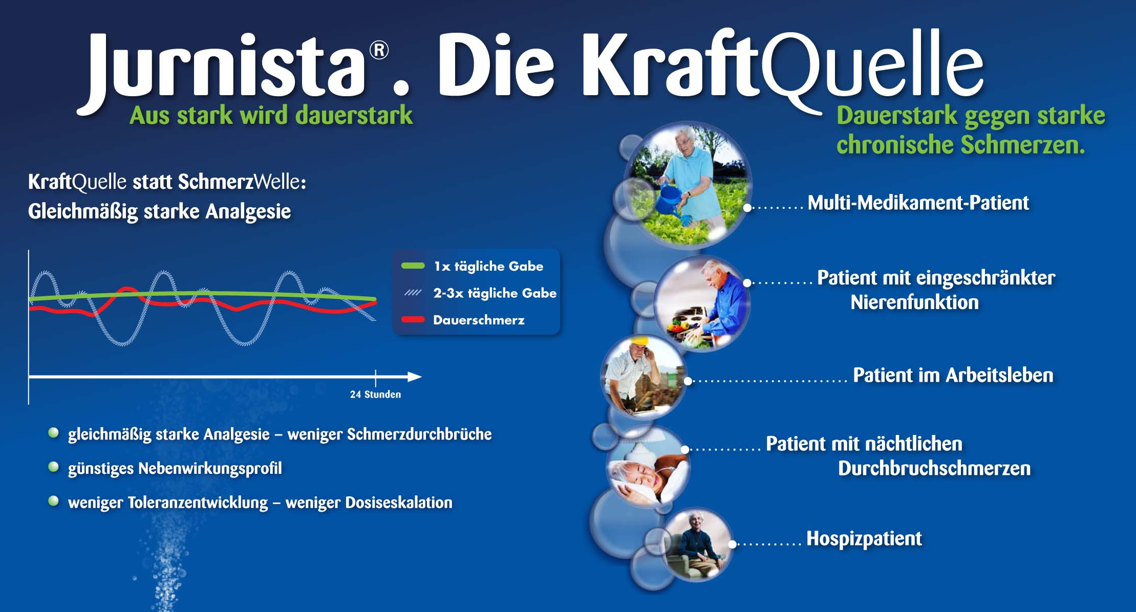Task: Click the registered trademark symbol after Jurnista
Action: click(x=379, y=51)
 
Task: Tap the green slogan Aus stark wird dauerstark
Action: click(x=271, y=115)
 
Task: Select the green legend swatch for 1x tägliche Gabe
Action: click(x=413, y=266)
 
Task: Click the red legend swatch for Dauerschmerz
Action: click(x=413, y=320)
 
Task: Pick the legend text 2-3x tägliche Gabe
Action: click(x=494, y=293)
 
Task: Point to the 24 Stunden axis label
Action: click(x=375, y=395)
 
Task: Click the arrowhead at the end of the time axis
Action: click(x=415, y=377)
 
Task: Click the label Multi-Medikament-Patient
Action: click(x=918, y=203)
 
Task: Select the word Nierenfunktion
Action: click(x=914, y=302)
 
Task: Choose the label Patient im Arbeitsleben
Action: click(x=953, y=376)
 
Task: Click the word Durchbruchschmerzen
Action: click(x=934, y=469)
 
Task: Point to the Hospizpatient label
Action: click(x=864, y=538)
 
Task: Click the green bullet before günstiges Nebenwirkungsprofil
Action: click(x=53, y=467)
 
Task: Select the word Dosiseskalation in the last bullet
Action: click(x=398, y=502)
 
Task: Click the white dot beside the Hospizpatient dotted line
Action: click(x=733, y=544)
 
